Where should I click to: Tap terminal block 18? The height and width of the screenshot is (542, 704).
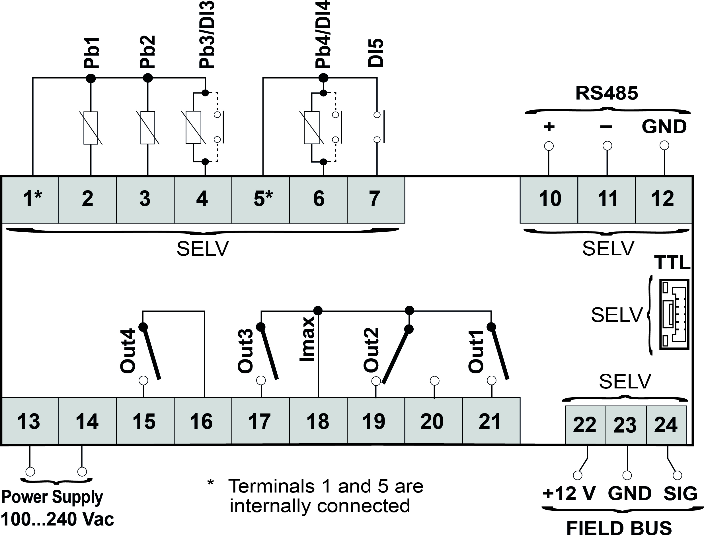[x=318, y=421]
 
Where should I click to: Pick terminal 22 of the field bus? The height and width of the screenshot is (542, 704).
[x=585, y=425]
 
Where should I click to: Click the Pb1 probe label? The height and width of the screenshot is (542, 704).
[x=92, y=53]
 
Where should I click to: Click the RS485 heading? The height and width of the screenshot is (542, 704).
[x=606, y=93]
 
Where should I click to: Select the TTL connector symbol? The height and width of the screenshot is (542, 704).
[x=674, y=314]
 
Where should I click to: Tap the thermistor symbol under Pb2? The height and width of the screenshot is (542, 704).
[x=148, y=128]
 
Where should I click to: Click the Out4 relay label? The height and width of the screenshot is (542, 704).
[x=128, y=351]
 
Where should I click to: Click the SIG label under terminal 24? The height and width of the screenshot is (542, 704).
[x=680, y=494]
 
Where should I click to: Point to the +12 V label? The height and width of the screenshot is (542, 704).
[x=569, y=494]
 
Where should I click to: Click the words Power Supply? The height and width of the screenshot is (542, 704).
[x=52, y=497]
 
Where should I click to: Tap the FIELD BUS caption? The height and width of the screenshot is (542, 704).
[x=619, y=528]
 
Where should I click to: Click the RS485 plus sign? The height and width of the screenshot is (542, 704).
[x=549, y=126]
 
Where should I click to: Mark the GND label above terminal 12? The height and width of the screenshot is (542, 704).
[x=664, y=127]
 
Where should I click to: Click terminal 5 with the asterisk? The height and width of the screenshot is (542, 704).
[x=263, y=198]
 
